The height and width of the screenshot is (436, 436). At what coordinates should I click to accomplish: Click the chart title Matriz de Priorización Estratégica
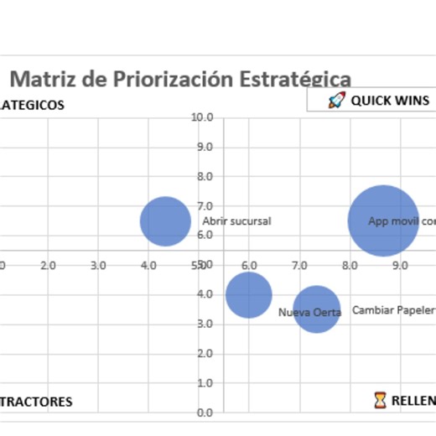click(180, 79)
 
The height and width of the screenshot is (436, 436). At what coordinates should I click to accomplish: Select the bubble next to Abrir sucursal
click(165, 221)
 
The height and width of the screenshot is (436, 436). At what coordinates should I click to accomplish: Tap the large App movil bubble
click(383, 221)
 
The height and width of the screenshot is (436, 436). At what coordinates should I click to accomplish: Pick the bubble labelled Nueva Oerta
click(316, 309)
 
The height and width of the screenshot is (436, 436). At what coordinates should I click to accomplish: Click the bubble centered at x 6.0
click(248, 295)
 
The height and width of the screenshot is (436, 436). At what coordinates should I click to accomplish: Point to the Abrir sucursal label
click(236, 221)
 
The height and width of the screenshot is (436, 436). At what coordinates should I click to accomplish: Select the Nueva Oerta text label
click(309, 313)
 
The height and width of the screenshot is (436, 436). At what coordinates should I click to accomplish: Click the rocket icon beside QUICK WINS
click(336, 101)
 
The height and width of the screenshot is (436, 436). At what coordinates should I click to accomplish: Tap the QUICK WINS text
click(390, 101)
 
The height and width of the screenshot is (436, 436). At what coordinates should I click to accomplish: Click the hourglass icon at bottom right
click(381, 400)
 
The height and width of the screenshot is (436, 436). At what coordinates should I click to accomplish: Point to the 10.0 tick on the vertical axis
click(202, 117)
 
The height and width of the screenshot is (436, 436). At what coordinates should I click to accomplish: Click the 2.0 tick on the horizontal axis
click(48, 265)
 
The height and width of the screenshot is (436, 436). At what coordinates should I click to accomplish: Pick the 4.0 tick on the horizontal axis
click(148, 265)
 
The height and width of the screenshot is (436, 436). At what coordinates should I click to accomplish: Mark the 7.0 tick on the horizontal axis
click(299, 265)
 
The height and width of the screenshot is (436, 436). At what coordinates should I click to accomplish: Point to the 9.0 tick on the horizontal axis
click(400, 265)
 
